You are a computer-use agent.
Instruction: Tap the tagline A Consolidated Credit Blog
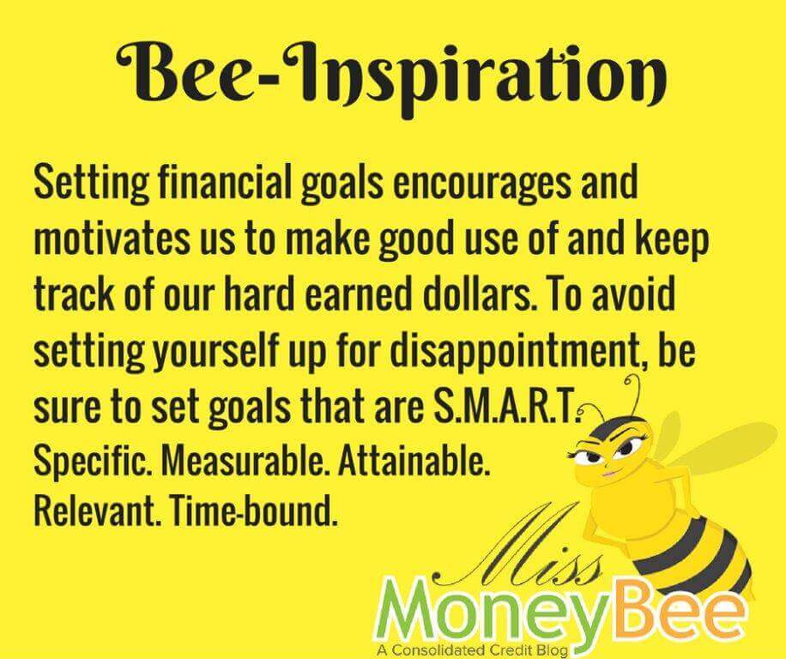coord(472,650)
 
